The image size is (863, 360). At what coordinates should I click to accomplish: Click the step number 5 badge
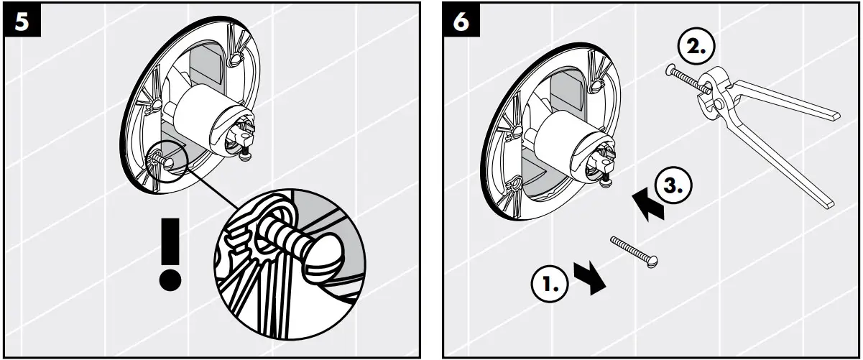[x=23, y=22]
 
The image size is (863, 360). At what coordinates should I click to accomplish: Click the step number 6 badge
[x=461, y=22]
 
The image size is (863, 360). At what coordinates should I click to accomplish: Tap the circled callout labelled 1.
[x=548, y=286]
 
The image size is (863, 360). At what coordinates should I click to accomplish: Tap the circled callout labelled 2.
[x=695, y=50]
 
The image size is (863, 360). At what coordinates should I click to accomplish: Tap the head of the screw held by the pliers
[x=670, y=70]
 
